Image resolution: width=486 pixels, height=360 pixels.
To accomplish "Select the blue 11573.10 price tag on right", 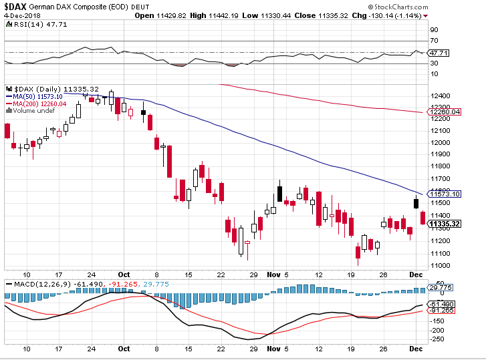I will click(x=445, y=194).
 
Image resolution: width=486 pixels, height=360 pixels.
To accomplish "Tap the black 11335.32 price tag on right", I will click(x=445, y=224).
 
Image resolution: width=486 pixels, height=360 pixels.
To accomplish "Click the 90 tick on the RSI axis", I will click(x=433, y=29).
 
